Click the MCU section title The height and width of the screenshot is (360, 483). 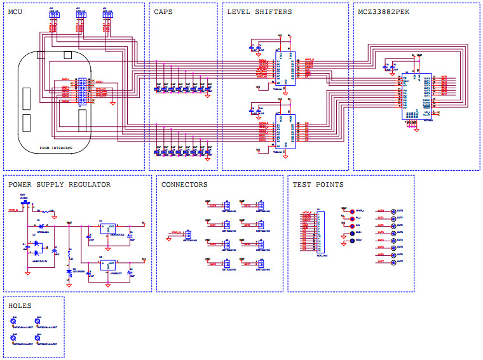pyautogui.click(x=16, y=12)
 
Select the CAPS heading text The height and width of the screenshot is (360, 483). pyautogui.click(x=163, y=12)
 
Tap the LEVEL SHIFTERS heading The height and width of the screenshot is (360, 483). pyautogui.click(x=259, y=12)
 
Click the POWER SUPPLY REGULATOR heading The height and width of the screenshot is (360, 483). pyautogui.click(x=59, y=185)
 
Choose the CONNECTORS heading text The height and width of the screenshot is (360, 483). pyautogui.click(x=184, y=185)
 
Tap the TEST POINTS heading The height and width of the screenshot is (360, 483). pyautogui.click(x=318, y=185)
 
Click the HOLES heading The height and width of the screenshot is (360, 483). pyautogui.click(x=20, y=305)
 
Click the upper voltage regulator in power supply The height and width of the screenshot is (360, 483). pyautogui.click(x=107, y=230)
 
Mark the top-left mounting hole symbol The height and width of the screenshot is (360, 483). pyautogui.click(x=14, y=323)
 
